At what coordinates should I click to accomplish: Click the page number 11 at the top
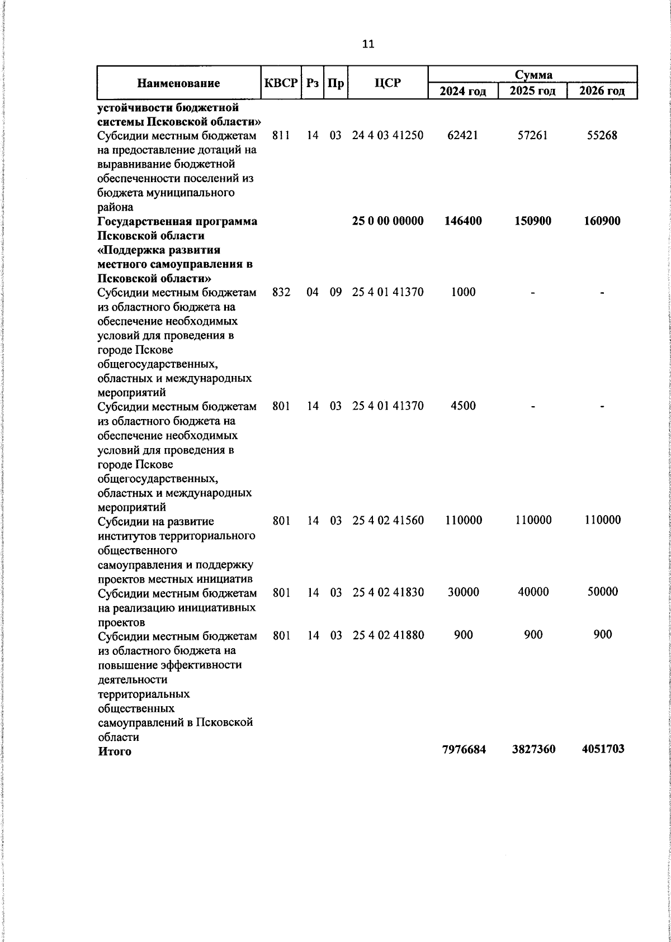368,44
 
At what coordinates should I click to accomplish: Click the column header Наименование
178,84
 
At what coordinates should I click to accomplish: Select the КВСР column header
281,83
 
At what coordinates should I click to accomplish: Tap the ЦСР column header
388,83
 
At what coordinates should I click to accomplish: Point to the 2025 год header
532,91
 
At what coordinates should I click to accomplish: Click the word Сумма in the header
533,75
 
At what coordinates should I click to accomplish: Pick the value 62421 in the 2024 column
463,135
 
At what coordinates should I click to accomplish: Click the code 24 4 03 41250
388,135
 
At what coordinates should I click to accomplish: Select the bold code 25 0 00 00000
388,221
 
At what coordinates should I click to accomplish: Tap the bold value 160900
602,221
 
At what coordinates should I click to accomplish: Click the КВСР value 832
281,292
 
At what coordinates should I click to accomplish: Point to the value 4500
463,406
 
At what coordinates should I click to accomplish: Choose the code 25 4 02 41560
388,520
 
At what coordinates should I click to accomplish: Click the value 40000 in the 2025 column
533,592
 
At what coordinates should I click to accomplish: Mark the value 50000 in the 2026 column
602,592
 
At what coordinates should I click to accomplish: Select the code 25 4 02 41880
388,635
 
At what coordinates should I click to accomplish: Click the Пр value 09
335,292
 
